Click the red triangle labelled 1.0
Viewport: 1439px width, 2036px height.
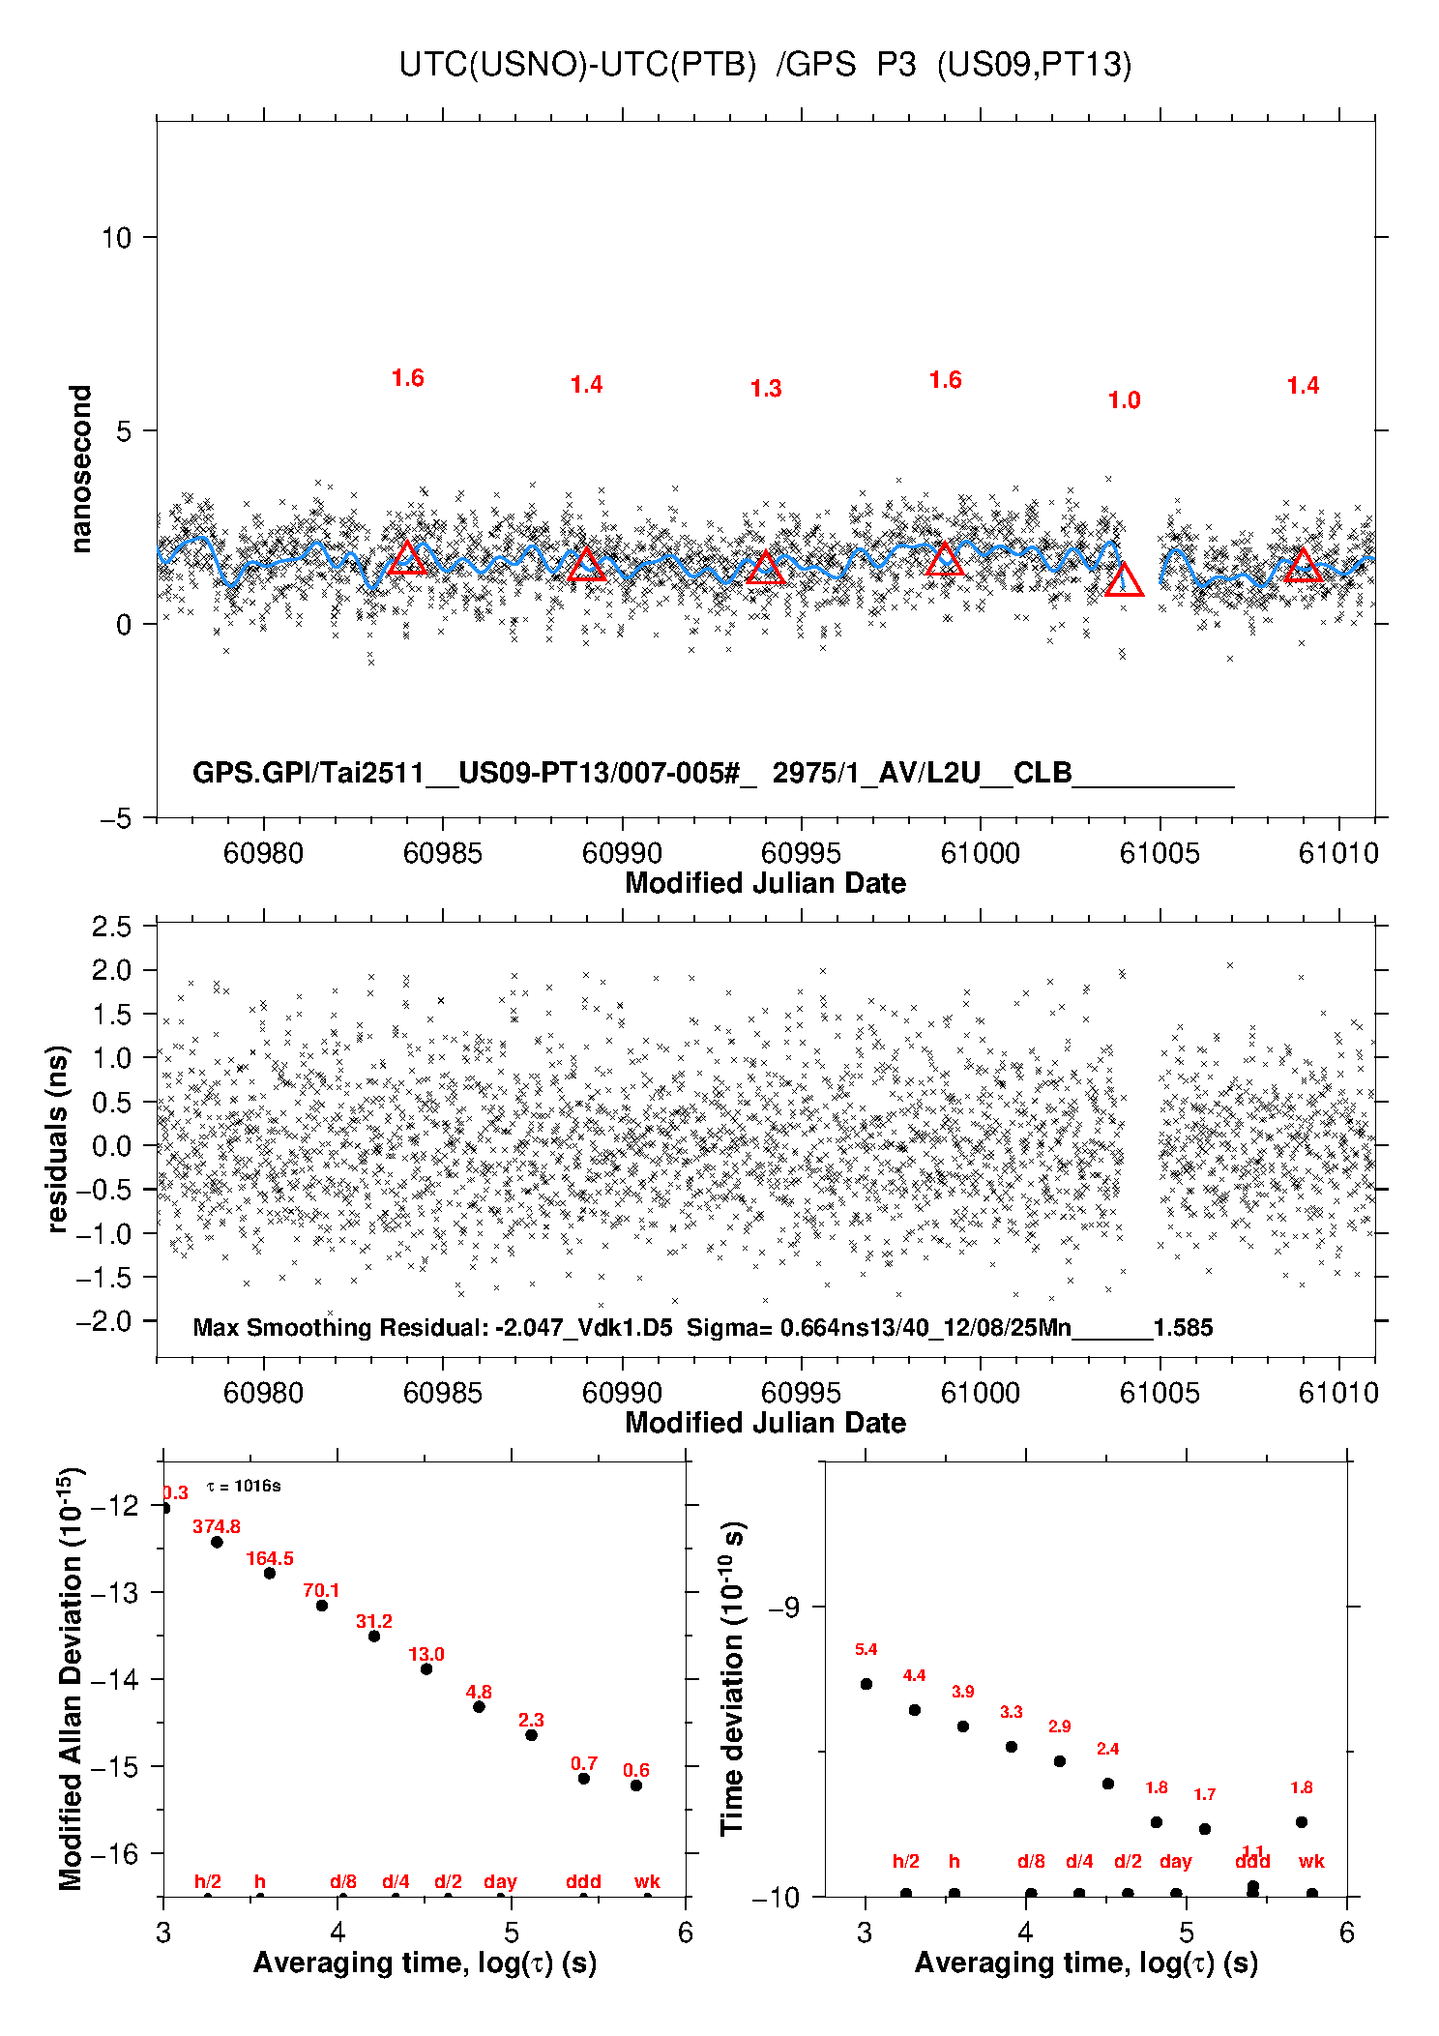1124,581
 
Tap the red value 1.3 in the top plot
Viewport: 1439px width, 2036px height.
765,389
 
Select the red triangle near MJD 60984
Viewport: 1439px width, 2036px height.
407,558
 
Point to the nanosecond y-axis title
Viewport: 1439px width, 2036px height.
81,469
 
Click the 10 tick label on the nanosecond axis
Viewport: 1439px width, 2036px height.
116,238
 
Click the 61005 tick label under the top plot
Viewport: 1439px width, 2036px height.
1159,853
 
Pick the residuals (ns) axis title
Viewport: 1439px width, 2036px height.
58,1138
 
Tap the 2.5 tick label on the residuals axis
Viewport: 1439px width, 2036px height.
111,927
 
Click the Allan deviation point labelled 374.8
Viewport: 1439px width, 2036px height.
217,1542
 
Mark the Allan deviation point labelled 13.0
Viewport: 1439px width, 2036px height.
426,1668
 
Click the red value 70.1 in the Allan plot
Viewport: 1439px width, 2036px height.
321,1591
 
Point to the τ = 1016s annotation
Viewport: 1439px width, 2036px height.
244,1487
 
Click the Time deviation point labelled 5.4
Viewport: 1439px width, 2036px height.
866,1684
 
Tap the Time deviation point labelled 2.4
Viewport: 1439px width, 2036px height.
1108,1784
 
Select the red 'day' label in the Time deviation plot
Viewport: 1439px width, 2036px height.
1175,1862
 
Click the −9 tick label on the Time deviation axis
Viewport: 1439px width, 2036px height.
783,1608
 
